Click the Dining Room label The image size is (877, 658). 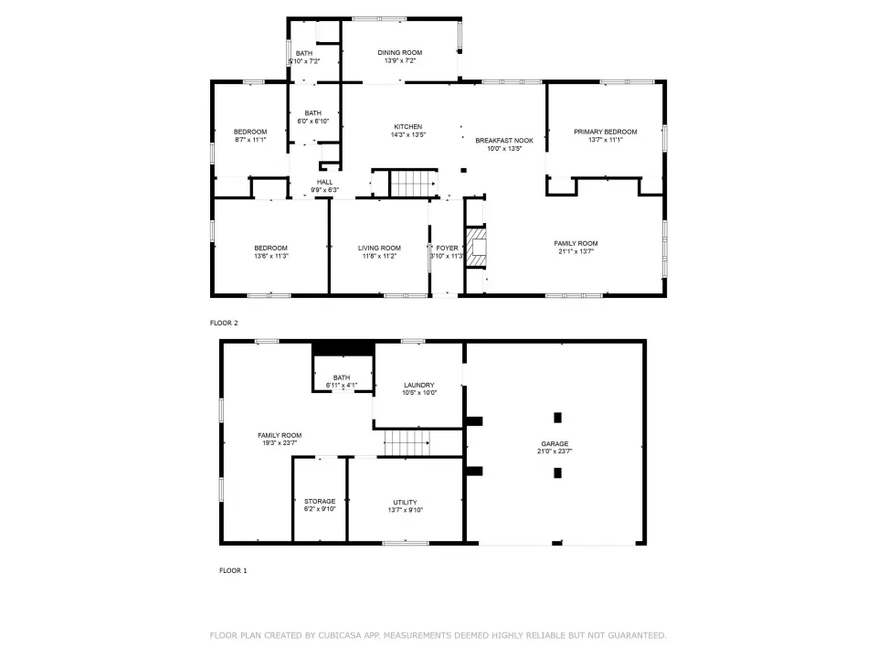399,53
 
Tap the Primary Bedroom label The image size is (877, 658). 605,132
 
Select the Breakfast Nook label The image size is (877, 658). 504,141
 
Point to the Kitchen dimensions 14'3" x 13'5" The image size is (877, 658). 407,135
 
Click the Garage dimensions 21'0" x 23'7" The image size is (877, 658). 555,451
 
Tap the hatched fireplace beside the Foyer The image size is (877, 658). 476,247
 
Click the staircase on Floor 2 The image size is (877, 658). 413,183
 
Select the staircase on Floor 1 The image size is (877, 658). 407,443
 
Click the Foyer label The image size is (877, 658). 447,248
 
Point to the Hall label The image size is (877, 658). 324,182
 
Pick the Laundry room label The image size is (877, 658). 419,385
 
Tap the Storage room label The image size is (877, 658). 320,502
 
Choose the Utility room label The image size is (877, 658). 405,503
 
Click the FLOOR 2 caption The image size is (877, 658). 224,323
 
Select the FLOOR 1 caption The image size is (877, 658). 233,570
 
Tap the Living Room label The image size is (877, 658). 379,248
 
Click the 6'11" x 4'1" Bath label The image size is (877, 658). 341,382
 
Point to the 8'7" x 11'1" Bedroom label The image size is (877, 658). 250,136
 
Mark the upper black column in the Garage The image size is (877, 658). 557,418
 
